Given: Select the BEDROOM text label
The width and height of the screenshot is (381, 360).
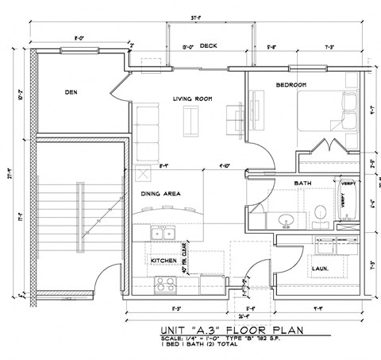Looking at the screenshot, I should point(291,84).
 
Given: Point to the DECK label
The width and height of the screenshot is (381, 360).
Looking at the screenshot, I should point(209,45).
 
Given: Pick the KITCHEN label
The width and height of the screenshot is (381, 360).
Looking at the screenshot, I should point(163,260).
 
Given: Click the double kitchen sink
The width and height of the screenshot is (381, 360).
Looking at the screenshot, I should point(164,233).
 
